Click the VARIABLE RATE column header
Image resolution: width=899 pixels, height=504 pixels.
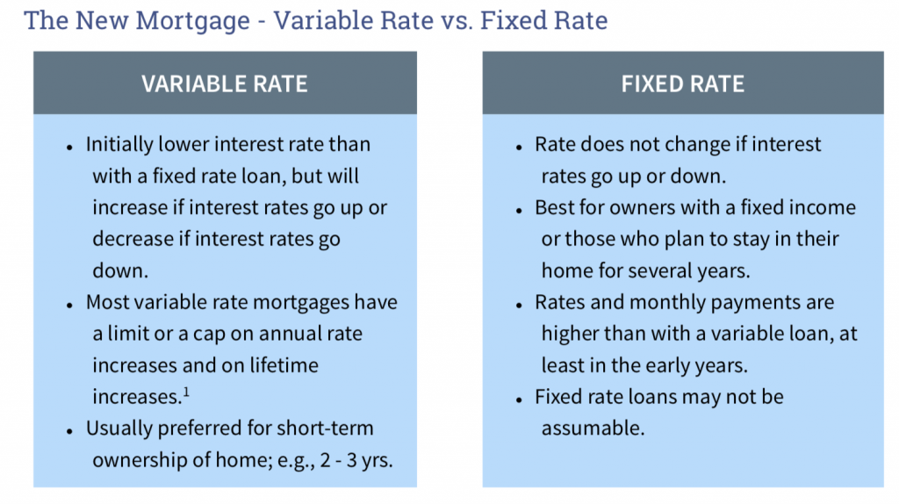click(x=225, y=84)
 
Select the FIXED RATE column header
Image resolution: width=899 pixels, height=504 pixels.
click(x=683, y=84)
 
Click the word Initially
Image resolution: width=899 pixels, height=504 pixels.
click(x=119, y=145)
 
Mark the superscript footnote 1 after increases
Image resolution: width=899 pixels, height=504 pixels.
click(x=186, y=392)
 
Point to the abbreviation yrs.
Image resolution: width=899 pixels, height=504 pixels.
click(x=378, y=460)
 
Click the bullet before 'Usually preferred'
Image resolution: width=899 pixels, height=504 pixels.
click(x=69, y=431)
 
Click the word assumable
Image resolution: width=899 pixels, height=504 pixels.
click(x=593, y=428)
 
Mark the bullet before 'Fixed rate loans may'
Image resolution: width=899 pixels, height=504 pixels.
click(x=519, y=400)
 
